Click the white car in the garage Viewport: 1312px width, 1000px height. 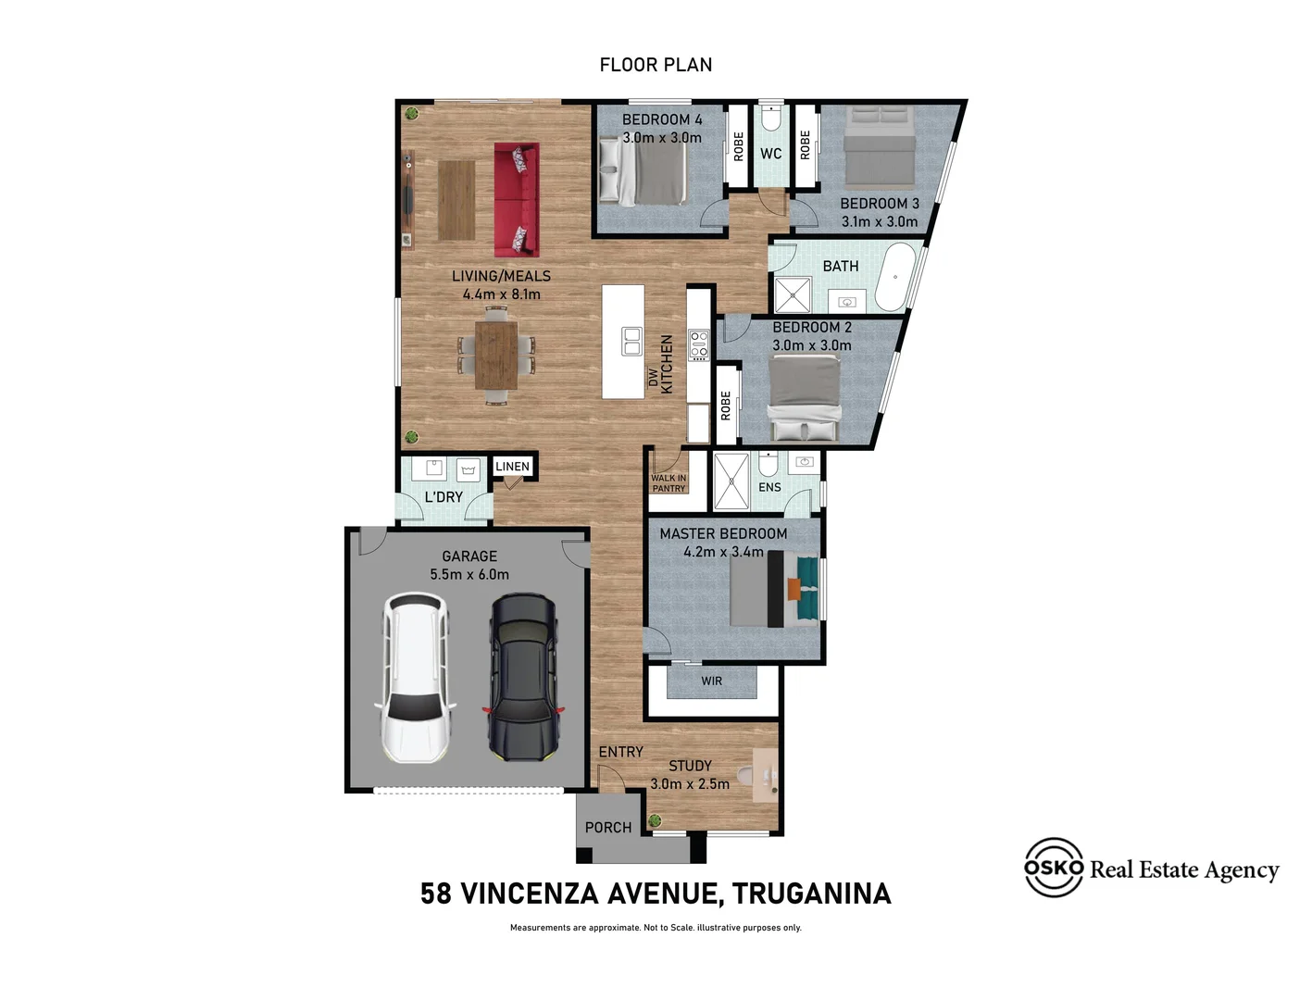click(x=415, y=678)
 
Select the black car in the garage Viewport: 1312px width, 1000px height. click(x=523, y=678)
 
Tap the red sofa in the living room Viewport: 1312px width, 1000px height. click(x=516, y=199)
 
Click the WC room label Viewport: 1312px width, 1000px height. click(x=770, y=154)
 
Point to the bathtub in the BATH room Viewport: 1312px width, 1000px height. click(x=895, y=277)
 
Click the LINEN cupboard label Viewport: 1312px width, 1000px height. click(x=512, y=467)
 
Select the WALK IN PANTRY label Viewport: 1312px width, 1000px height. click(x=668, y=483)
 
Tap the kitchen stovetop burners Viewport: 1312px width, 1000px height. click(x=699, y=344)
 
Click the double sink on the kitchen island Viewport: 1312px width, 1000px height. click(x=631, y=341)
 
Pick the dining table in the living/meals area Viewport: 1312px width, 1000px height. click(x=496, y=355)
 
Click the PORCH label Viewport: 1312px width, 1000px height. click(x=608, y=828)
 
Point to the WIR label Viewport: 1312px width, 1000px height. click(x=711, y=681)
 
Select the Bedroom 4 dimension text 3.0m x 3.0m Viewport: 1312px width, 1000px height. click(x=661, y=138)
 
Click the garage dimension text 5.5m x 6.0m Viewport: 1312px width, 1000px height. click(x=469, y=574)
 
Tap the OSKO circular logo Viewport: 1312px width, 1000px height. click(x=1054, y=868)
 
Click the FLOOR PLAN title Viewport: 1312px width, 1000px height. click(x=656, y=65)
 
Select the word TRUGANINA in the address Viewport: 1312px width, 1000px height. click(x=811, y=894)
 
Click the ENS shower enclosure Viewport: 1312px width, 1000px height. click(x=731, y=481)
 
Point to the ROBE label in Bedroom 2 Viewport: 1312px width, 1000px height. click(x=726, y=406)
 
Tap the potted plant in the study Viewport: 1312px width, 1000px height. click(x=656, y=819)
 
